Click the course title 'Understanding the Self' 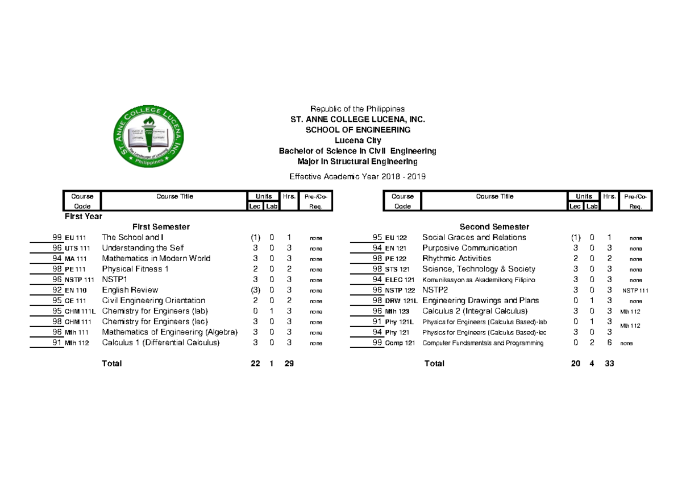click(143, 248)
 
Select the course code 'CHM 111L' click(80, 311)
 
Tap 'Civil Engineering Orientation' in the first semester click(153, 300)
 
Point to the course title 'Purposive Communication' click(469, 248)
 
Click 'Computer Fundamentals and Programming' click(483, 343)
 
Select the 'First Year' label click(84, 216)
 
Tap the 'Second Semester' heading click(494, 226)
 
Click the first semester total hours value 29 click(289, 364)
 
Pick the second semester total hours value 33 click(609, 364)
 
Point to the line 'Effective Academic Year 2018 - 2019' click(357, 176)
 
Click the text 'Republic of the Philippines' click(357, 109)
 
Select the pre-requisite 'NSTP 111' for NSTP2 click(635, 290)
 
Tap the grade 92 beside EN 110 click(57, 290)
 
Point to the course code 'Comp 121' click(400, 343)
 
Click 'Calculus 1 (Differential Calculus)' click(160, 342)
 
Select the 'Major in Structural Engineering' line click(357, 162)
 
